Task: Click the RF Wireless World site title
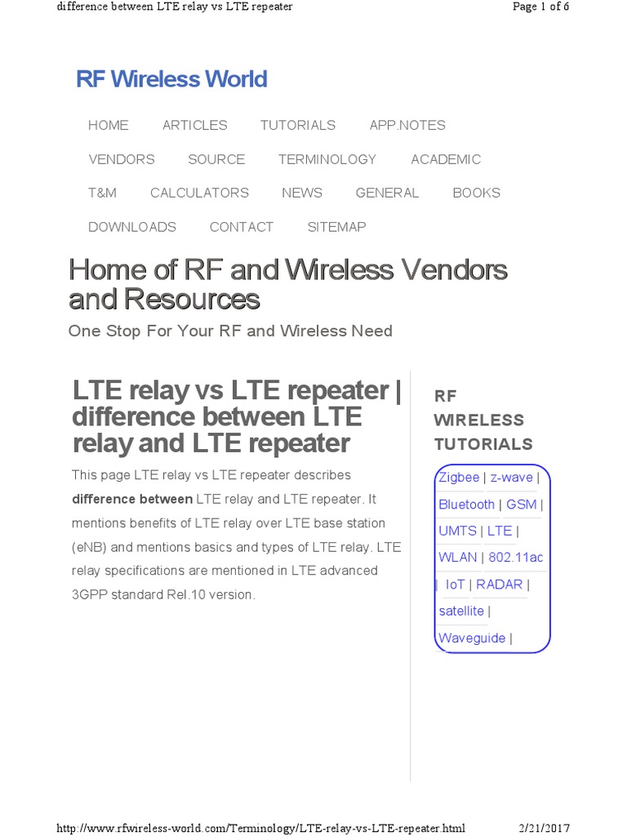171,79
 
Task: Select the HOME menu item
109,125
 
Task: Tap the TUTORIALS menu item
298,125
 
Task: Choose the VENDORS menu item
122,159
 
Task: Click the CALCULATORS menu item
199,193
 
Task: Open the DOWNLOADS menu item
132,227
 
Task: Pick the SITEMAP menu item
336,227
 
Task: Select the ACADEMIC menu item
446,159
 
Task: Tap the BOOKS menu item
476,193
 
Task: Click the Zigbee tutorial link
459,478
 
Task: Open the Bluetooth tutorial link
466,505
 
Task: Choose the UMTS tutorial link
457,531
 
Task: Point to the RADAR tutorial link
499,585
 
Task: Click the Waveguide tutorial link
472,638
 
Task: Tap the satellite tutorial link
461,611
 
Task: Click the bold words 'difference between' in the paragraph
132,499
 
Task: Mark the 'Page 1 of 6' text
540,7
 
